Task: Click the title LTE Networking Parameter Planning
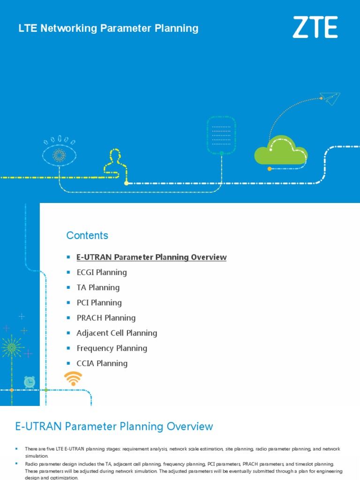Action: point(108,28)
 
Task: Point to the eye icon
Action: point(59,155)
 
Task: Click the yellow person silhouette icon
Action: point(115,162)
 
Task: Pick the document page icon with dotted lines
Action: point(221,135)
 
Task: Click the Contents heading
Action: point(87,235)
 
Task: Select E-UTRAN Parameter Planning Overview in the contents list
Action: point(151,257)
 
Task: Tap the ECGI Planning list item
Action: point(102,272)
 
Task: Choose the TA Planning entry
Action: point(98,287)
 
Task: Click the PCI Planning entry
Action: point(99,303)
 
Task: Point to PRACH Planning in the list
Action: point(106,318)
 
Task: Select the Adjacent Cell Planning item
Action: point(117,333)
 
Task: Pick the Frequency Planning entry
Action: point(112,348)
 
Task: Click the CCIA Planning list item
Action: point(102,363)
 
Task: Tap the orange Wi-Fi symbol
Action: point(73,378)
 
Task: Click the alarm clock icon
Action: point(30,382)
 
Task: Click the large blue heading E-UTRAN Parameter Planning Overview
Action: point(114,427)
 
